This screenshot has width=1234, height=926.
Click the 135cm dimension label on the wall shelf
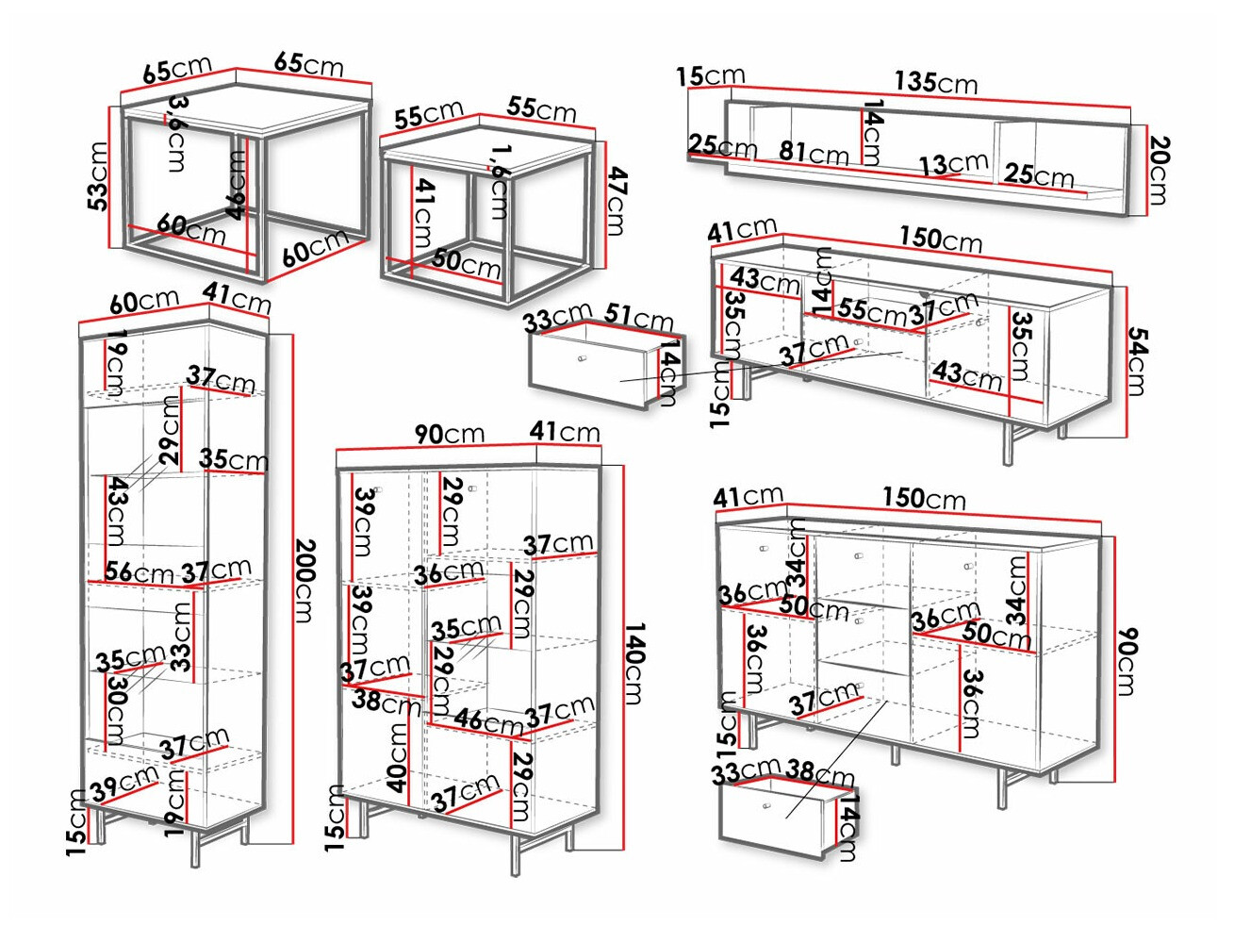tap(935, 82)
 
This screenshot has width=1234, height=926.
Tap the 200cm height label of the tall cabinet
tap(304, 580)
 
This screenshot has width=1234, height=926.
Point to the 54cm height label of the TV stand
tap(1137, 361)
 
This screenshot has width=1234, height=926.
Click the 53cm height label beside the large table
tap(98, 176)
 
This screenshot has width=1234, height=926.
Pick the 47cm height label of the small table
tap(616, 201)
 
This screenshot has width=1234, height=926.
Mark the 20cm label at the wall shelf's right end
tap(1159, 170)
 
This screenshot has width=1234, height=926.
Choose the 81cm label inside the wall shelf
tap(814, 153)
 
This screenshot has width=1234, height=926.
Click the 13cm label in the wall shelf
tap(953, 164)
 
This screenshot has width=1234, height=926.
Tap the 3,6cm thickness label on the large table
tap(176, 133)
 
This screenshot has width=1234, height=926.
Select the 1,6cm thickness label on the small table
tap(500, 181)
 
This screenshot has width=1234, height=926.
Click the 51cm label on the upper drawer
tap(638, 317)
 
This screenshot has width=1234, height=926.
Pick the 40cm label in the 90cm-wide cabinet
tap(398, 757)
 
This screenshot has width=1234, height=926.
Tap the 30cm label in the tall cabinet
tap(116, 709)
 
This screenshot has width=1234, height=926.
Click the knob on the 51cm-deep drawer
tap(581, 358)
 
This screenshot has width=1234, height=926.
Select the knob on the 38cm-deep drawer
tap(765, 806)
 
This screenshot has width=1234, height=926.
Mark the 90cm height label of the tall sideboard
tap(1127, 661)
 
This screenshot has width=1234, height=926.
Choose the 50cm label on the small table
tap(467, 263)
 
